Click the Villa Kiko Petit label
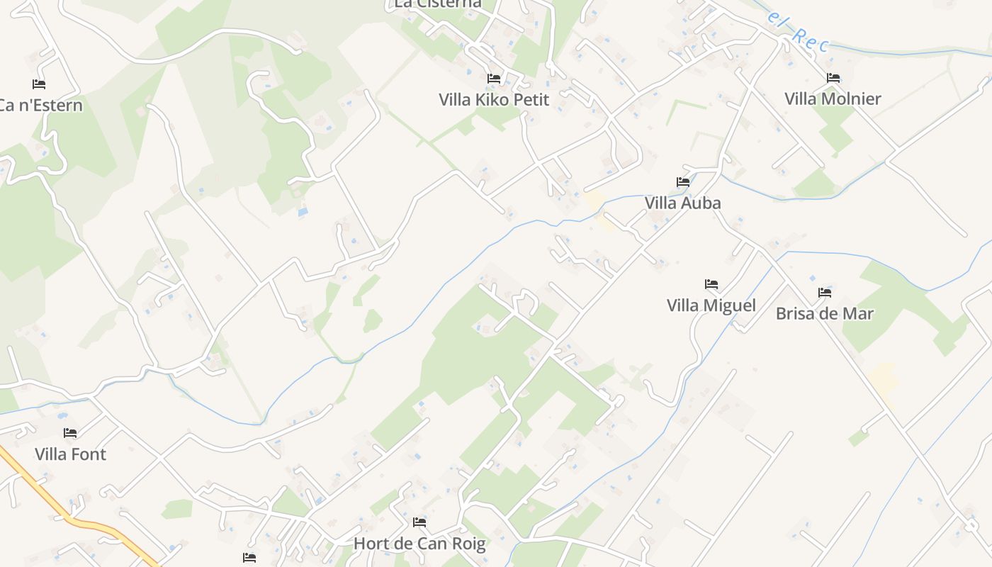[x=494, y=99]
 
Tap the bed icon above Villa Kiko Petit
[x=494, y=78]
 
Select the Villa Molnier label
[x=833, y=99]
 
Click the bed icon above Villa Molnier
[x=833, y=77]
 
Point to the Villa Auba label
[x=682, y=203]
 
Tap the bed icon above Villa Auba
[x=683, y=181]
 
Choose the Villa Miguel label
[x=711, y=305]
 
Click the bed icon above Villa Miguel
[x=711, y=284]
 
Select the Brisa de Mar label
[x=824, y=313]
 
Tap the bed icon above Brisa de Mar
[x=825, y=292]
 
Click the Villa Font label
[x=70, y=454]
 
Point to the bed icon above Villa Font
[x=70, y=432]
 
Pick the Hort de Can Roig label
[x=419, y=544]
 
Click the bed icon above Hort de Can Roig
[x=419, y=522]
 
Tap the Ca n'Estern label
[x=40, y=106]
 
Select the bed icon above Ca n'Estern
[x=39, y=84]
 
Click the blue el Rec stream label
[x=796, y=31]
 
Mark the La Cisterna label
[x=437, y=4]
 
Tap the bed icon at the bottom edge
[x=249, y=558]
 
